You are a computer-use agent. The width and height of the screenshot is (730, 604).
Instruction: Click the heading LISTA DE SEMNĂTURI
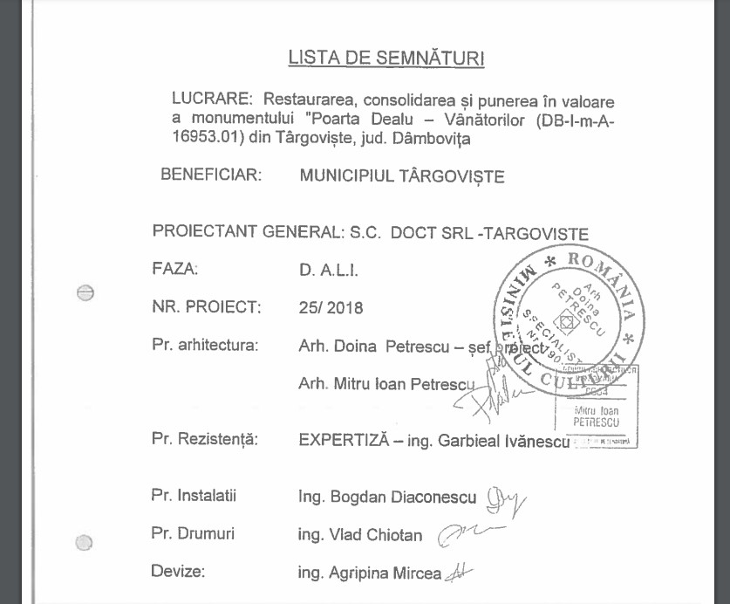[386, 58]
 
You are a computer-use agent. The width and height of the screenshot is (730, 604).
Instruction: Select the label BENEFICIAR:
[211, 175]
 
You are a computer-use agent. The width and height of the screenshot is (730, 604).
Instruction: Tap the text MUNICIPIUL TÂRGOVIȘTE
[402, 176]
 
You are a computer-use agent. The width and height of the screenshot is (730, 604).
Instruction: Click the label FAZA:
[175, 269]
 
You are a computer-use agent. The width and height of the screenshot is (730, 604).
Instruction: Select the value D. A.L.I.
[329, 271]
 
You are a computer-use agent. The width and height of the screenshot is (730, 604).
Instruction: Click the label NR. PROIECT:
[207, 306]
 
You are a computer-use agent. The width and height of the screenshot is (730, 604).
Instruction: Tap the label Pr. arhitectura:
[205, 345]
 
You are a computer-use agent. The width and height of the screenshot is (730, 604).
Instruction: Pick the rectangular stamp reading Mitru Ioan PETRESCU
[597, 407]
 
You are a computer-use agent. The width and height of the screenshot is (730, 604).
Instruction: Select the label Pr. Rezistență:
[205, 440]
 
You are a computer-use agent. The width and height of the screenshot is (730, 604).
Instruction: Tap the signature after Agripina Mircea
[458, 573]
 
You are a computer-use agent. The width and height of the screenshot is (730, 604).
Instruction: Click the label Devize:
[178, 573]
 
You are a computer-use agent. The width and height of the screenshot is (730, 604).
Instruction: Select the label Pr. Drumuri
[193, 533]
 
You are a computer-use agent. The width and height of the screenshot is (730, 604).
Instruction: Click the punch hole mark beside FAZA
[85, 293]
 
